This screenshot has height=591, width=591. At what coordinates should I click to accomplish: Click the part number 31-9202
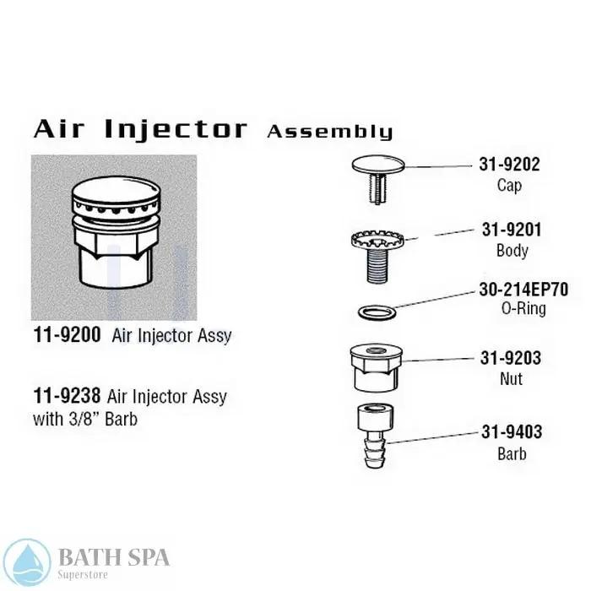tap(511, 165)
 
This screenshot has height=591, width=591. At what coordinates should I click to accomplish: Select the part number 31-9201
tap(511, 230)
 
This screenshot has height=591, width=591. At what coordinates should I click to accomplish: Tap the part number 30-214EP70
tap(523, 290)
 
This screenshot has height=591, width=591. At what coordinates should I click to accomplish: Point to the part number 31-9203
tap(511, 358)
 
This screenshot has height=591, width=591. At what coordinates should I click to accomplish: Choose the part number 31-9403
tap(511, 433)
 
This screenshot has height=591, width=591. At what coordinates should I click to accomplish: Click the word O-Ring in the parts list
tap(523, 309)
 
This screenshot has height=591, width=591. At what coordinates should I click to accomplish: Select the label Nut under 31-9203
tap(511, 378)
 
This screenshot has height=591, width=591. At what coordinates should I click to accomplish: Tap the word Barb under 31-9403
tap(511, 453)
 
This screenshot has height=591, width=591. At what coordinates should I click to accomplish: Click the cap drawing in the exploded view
tap(377, 169)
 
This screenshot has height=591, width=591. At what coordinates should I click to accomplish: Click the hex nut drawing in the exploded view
tap(377, 366)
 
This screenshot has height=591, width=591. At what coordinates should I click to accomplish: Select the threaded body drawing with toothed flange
tap(377, 249)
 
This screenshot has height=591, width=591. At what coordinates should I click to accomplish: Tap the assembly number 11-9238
tap(66, 395)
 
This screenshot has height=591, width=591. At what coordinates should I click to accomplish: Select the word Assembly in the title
tap(329, 132)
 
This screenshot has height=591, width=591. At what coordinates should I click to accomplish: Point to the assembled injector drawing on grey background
tap(113, 237)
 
